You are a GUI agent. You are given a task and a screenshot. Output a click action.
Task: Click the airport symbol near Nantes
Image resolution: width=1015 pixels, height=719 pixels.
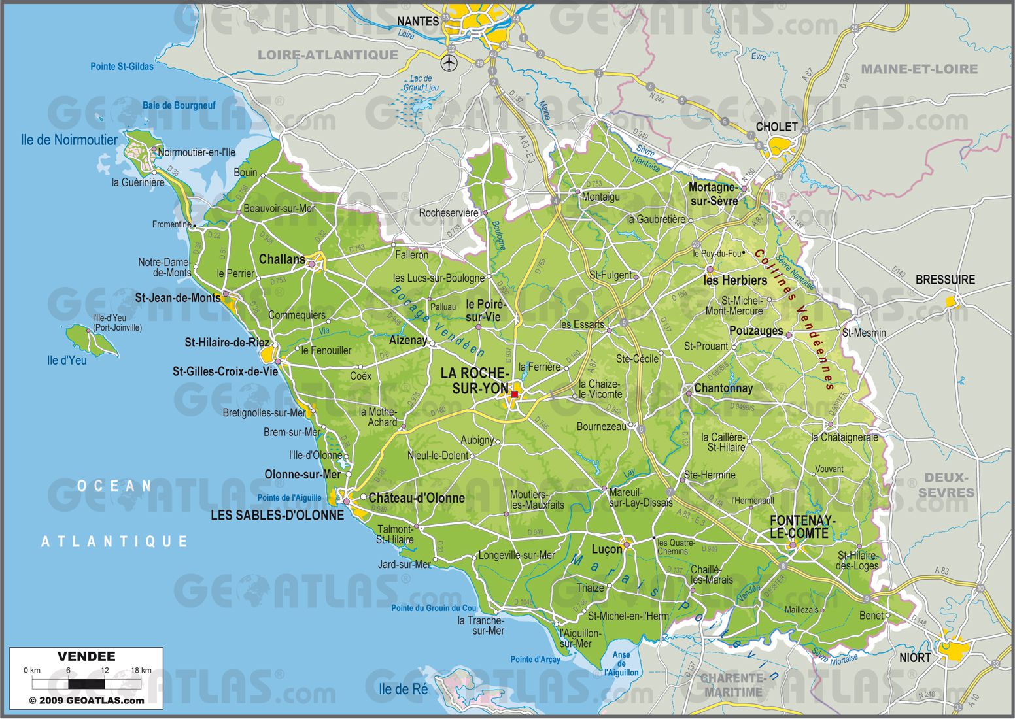coord(449,63)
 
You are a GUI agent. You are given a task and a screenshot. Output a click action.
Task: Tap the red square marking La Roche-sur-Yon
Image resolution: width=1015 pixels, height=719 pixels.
coord(515,394)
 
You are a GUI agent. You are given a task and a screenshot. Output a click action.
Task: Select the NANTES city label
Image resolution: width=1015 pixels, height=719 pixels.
coord(418,21)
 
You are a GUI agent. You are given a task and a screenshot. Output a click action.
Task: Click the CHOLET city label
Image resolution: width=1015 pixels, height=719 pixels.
coord(776,127)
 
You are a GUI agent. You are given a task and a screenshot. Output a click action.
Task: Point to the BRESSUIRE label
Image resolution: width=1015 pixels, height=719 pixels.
coord(944,280)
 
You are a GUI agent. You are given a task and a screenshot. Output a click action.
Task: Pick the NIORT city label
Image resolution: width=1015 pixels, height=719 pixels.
coord(914,658)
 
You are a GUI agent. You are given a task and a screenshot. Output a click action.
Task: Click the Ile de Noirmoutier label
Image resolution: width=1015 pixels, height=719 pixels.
coord(69,140)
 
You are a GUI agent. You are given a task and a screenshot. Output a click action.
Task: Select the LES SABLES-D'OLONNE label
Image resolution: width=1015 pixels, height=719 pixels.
coord(277,515)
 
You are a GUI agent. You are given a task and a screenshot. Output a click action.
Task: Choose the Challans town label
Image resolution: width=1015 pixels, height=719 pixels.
coord(282,259)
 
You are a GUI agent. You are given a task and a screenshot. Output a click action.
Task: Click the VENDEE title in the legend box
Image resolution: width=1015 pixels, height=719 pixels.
coord(86,656)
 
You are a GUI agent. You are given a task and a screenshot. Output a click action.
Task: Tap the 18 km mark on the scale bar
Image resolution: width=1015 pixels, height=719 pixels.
coord(141,670)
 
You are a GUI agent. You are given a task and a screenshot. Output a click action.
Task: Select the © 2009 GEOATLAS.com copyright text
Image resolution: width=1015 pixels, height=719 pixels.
coord(86,700)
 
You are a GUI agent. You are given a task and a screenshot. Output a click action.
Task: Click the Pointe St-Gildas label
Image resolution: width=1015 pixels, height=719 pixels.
coord(122,67)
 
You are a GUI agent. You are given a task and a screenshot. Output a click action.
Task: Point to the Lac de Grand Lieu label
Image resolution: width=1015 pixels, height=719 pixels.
coord(421,83)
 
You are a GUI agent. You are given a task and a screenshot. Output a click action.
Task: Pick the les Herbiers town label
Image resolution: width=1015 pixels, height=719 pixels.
coord(735,280)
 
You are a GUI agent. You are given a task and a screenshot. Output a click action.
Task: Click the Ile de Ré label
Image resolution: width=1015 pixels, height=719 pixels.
coord(404,689)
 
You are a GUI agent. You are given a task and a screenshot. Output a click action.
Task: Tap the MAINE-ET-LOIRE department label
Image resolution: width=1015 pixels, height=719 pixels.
coord(919,69)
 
